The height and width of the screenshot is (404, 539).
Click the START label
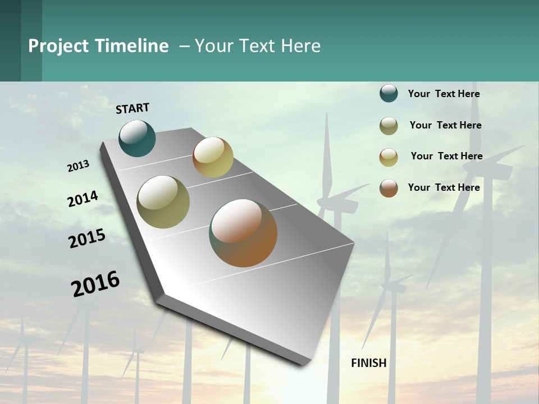pyautogui.click(x=133, y=108)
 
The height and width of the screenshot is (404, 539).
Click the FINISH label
pyautogui.click(x=369, y=363)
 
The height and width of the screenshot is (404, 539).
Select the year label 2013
pyautogui.click(x=78, y=166)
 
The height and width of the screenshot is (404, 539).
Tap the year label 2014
pyautogui.click(x=83, y=199)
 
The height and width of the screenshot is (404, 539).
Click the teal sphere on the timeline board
pyautogui.click(x=137, y=138)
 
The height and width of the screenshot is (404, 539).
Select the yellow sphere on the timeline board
pyautogui.click(x=213, y=157)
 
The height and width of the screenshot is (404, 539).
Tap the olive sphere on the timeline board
pyautogui.click(x=163, y=202)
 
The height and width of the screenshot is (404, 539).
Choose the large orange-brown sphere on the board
pyautogui.click(x=243, y=233)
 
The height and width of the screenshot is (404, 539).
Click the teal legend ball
pyautogui.click(x=389, y=93)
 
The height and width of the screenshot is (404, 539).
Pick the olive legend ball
pyautogui.click(x=389, y=126)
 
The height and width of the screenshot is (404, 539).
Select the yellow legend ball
pyautogui.click(x=389, y=157)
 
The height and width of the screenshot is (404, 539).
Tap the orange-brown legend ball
pyautogui.click(x=389, y=188)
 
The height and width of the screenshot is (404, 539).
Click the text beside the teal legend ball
pyautogui.click(x=444, y=94)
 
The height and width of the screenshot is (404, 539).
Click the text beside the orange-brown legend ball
pyautogui.click(x=444, y=187)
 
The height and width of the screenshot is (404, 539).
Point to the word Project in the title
pyautogui.click(x=58, y=46)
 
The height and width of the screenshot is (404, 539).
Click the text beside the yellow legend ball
pyautogui.click(x=446, y=156)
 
